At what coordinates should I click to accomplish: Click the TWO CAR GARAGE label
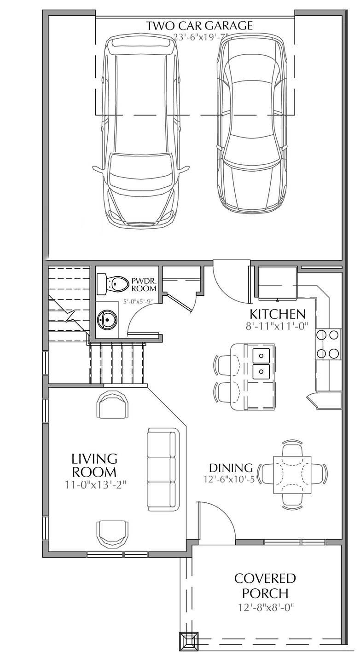[199, 26]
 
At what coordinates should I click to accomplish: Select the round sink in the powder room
[108, 318]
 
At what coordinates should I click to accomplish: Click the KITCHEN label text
[277, 314]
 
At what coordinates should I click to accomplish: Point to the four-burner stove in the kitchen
[327, 344]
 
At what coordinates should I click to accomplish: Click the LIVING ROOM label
[94, 465]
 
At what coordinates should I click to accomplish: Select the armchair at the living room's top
[112, 404]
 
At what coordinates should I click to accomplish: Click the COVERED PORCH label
[265, 584]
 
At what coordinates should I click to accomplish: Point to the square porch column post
[189, 640]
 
